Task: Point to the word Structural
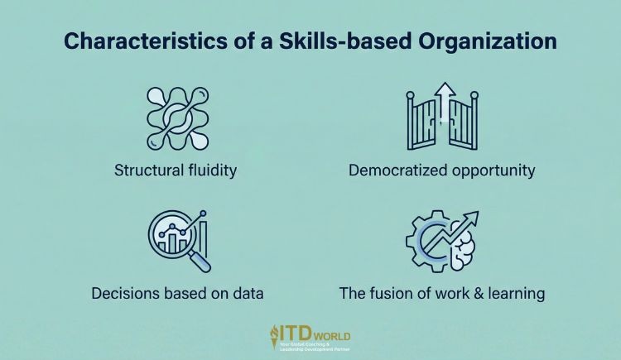[145, 171]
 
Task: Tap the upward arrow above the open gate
[445, 98]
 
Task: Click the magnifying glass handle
[199, 261]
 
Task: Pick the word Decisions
[120, 294]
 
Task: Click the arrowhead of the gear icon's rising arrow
[472, 218]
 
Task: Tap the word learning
[516, 294]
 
